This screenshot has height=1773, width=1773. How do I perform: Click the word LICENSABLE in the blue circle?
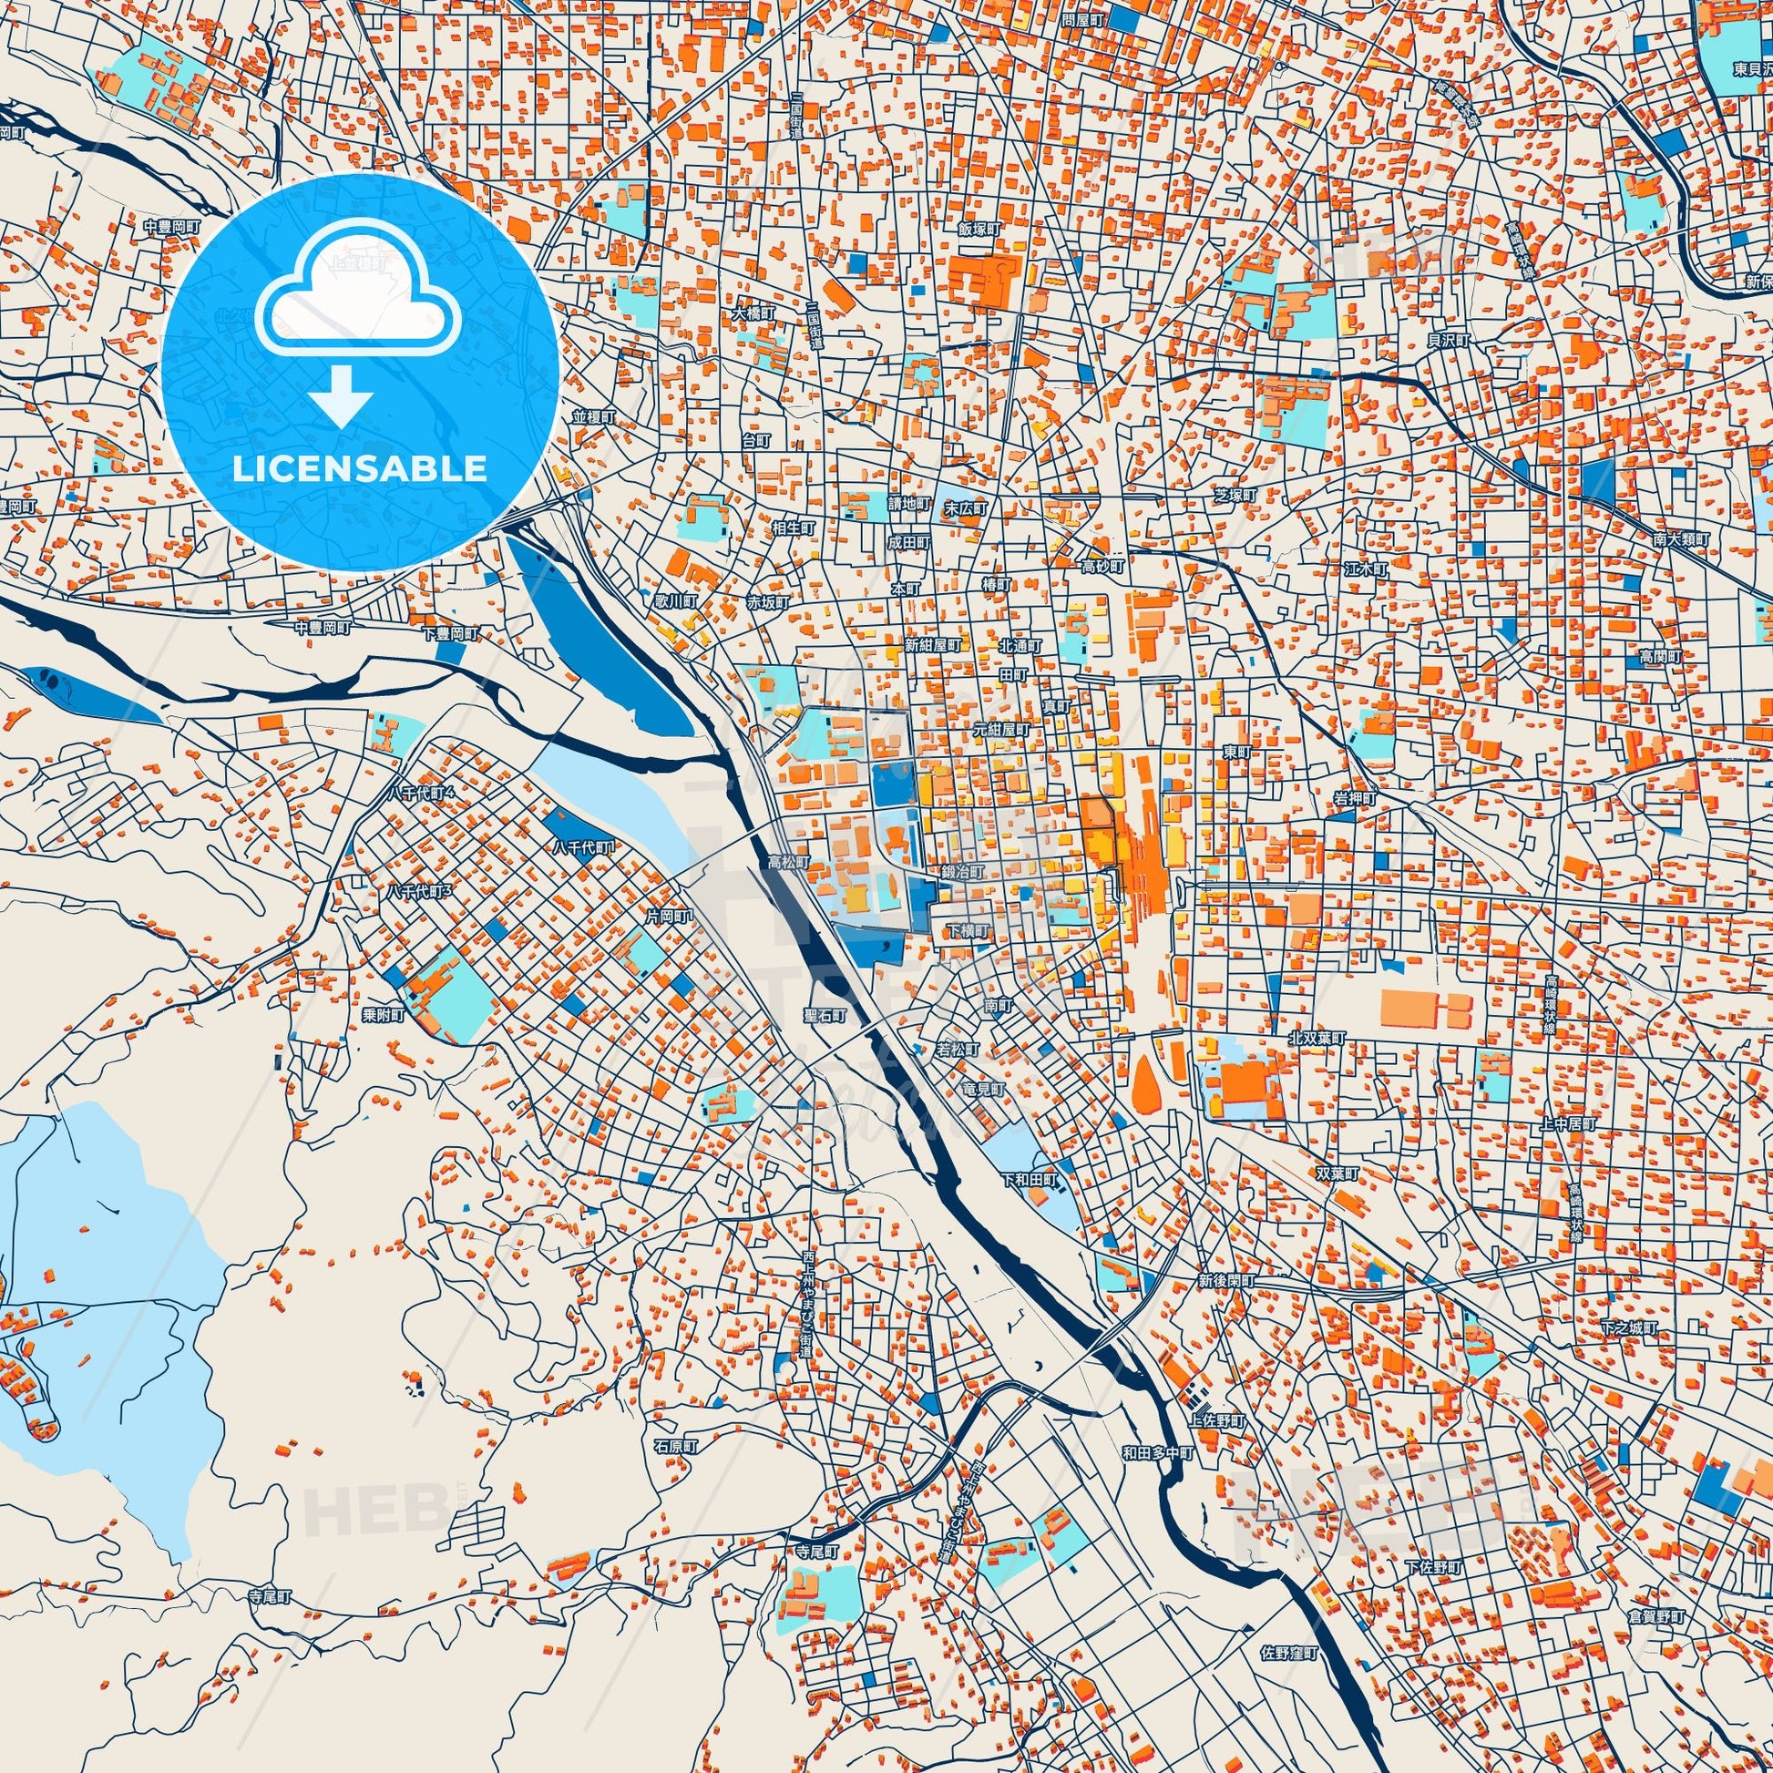tap(359, 469)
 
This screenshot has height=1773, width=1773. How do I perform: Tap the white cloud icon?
tap(359, 293)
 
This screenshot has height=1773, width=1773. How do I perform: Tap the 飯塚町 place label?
tap(978, 230)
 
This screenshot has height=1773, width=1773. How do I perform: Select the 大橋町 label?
tap(753, 313)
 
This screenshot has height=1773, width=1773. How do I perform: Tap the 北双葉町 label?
tap(1317, 1038)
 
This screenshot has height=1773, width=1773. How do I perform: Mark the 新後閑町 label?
tap(1225, 1281)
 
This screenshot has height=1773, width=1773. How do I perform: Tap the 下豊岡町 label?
tap(451, 634)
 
